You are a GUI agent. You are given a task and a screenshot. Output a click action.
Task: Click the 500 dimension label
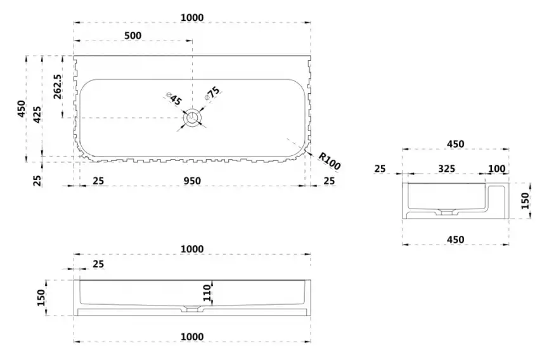pos(133,35)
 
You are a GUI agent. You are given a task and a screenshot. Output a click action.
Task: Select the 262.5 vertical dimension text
pos(58,86)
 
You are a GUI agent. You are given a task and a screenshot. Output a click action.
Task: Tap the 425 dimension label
pos(37,115)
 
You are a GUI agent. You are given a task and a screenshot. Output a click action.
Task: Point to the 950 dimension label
pos(192,181)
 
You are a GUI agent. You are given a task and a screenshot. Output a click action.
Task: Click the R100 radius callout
pos(329,161)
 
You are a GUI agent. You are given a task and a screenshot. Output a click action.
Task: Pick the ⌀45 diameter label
pos(174,99)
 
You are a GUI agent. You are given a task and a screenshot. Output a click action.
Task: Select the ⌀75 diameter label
pos(213,93)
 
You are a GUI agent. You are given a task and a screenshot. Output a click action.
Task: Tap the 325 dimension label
pos(446,169)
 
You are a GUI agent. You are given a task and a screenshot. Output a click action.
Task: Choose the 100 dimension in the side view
pos(496,169)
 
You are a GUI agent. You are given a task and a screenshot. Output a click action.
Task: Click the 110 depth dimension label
pos(208,293)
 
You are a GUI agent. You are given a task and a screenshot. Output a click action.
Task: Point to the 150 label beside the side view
pos(526,201)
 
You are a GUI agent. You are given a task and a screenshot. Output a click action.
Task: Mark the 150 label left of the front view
pos(41,297)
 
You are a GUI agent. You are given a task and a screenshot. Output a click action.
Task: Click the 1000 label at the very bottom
pos(192,337)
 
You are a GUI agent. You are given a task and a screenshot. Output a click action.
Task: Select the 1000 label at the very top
pos(192,17)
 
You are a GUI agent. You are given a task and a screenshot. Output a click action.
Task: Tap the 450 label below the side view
pos(456,240)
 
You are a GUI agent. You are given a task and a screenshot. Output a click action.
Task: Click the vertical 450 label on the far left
pos(22,108)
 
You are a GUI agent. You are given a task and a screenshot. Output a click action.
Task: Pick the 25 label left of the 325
pos(380,169)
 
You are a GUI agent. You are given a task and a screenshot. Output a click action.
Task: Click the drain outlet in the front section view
pos(192,309)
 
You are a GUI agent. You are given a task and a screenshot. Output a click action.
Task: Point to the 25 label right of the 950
pos(329,181)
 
